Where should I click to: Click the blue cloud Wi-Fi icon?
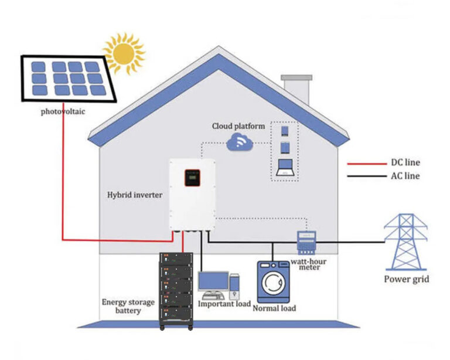(240, 141)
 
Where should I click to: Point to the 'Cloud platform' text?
(238, 126)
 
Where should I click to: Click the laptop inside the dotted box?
(285, 167)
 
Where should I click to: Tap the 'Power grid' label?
(406, 279)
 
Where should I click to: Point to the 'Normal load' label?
(274, 308)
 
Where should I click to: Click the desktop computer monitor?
(213, 281)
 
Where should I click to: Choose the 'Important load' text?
(224, 304)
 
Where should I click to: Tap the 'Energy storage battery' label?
(128, 306)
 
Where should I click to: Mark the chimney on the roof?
(296, 89)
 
